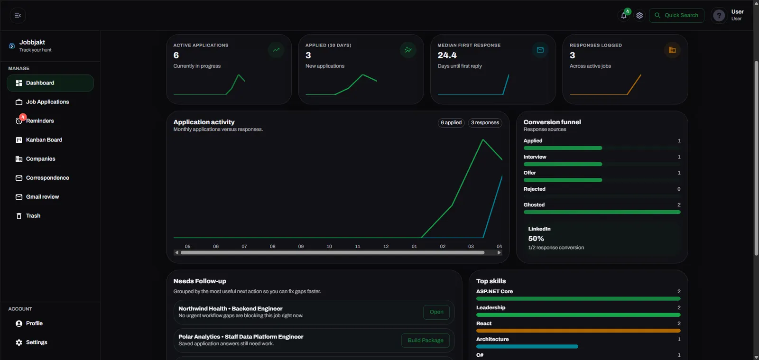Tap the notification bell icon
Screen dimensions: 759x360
click(x=623, y=16)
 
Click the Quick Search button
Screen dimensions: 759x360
click(x=676, y=15)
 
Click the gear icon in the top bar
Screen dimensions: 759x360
click(x=639, y=16)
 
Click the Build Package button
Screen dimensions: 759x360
click(x=425, y=341)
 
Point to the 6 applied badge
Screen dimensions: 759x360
click(x=451, y=122)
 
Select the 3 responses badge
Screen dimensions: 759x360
click(x=485, y=122)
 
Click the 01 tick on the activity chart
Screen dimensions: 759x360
click(x=414, y=247)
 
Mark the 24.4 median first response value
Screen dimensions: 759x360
click(x=447, y=55)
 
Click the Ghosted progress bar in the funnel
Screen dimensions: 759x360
click(x=602, y=212)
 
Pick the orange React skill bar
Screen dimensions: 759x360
click(x=578, y=331)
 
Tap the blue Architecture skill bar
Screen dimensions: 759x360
click(x=527, y=346)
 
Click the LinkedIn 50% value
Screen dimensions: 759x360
click(x=536, y=239)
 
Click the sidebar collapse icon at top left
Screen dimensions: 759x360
click(x=18, y=16)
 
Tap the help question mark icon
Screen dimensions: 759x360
click(x=719, y=16)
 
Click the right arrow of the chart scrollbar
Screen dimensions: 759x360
click(x=499, y=253)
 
